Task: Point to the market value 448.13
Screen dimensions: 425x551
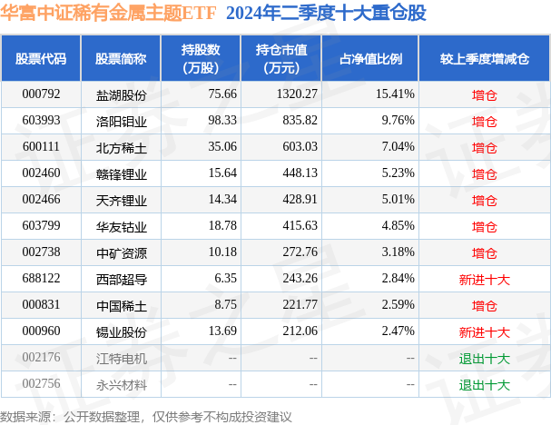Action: pos(299,173)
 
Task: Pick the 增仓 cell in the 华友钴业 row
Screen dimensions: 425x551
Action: pos(484,226)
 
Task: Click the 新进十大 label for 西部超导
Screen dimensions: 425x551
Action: pos(484,279)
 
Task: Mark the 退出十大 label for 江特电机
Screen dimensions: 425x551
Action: pos(484,359)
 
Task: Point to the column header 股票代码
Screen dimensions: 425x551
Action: pos(41,59)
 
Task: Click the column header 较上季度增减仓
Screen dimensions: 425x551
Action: pos(484,59)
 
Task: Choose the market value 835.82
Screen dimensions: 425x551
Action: pos(299,120)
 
